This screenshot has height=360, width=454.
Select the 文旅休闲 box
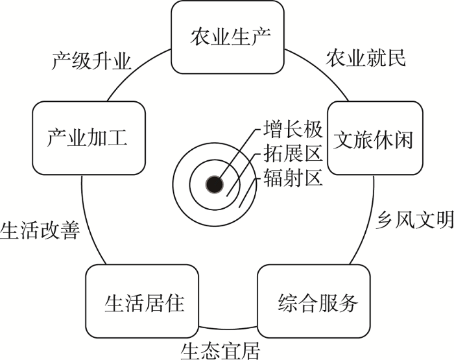pos(372,139)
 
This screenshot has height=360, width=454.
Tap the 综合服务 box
pos(318,303)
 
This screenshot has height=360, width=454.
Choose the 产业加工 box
pos(87,138)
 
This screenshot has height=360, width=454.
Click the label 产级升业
pos(91,61)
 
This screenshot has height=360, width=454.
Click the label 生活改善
pos(40,230)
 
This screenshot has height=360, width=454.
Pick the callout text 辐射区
pos(293,177)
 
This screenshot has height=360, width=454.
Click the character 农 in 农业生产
pos(197,36)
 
